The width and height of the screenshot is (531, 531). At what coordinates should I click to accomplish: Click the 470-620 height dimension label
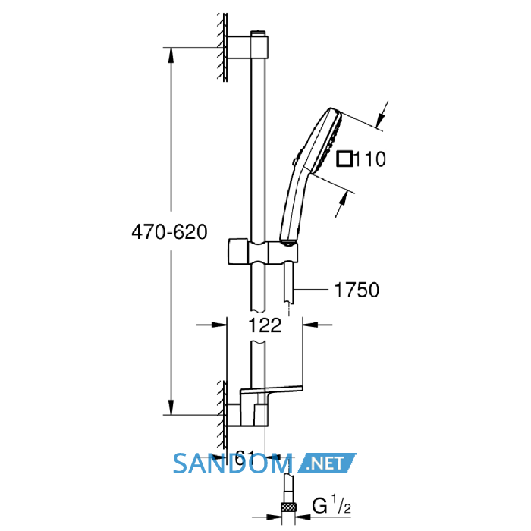pyautogui.click(x=169, y=232)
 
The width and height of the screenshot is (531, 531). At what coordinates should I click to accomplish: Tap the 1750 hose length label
pyautogui.click(x=357, y=290)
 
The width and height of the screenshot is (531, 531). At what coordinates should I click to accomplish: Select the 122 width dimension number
pyautogui.click(x=265, y=325)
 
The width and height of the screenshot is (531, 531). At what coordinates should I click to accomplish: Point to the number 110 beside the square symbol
pyautogui.click(x=370, y=159)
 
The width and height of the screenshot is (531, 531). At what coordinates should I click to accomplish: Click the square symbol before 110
pyautogui.click(x=344, y=159)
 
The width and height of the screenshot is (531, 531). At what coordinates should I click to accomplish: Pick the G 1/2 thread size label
pyautogui.click(x=331, y=506)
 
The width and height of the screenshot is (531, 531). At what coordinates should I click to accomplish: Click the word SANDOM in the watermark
pyautogui.click(x=233, y=464)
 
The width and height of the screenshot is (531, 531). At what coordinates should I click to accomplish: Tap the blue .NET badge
pyautogui.click(x=326, y=463)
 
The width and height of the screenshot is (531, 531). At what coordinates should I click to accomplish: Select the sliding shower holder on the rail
pyautogui.click(x=263, y=252)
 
